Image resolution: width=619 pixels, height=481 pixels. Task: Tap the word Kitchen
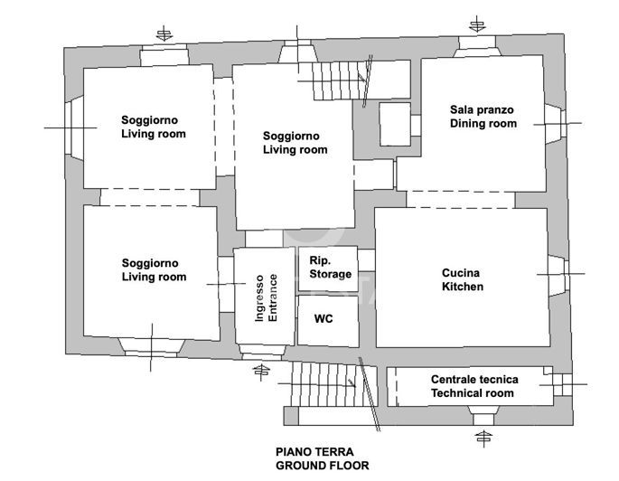click(x=462, y=287)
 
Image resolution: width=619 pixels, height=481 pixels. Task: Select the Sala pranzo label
click(x=482, y=109)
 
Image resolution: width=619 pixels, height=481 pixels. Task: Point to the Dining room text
click(x=483, y=124)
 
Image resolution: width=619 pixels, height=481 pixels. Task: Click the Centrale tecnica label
click(x=473, y=379)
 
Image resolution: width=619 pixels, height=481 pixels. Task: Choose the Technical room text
click(x=473, y=393)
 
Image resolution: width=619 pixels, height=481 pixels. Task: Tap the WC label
click(x=324, y=320)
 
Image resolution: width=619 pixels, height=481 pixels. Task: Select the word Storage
click(x=330, y=274)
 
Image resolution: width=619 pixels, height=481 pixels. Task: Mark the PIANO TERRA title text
click(x=314, y=451)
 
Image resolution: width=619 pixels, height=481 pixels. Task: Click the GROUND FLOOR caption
click(x=322, y=466)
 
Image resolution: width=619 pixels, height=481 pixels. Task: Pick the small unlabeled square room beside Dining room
click(x=394, y=124)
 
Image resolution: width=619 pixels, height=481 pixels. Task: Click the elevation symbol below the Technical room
click(x=484, y=439)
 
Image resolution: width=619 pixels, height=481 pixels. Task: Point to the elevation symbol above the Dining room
click(x=477, y=24)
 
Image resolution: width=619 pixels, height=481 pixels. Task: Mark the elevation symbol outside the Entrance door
click(x=262, y=371)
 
